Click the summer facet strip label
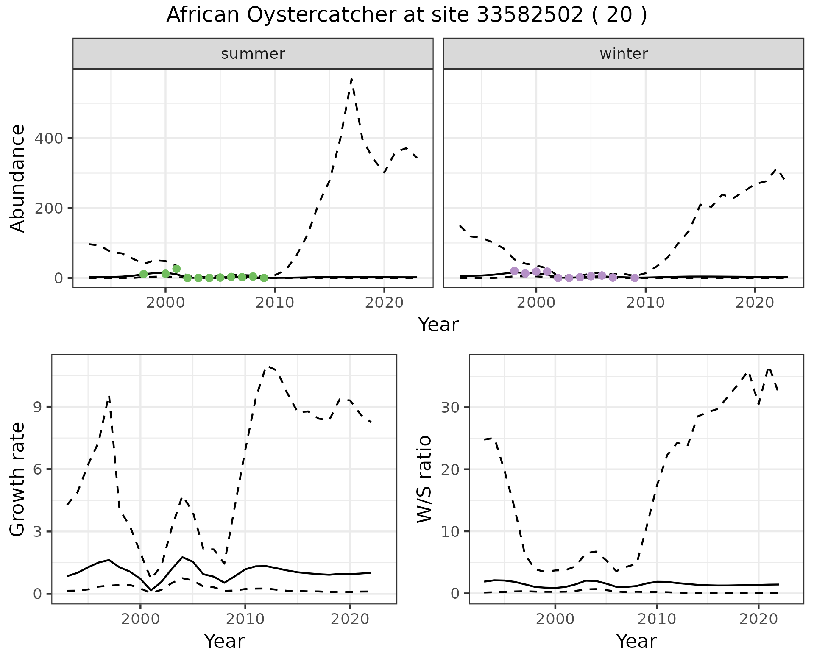(253, 54)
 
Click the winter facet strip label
(623, 54)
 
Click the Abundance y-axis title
(18, 178)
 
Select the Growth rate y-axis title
(18, 479)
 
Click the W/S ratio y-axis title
(424, 479)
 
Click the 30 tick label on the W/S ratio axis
(450, 407)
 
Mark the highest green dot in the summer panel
(176, 269)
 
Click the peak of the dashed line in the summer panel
(351, 79)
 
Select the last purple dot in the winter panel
(634, 278)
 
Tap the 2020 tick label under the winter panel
(755, 303)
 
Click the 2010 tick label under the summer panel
(275, 303)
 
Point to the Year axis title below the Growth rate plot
(224, 641)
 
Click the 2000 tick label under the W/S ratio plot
(555, 619)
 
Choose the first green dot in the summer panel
(143, 274)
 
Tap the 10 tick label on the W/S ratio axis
(450, 531)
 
